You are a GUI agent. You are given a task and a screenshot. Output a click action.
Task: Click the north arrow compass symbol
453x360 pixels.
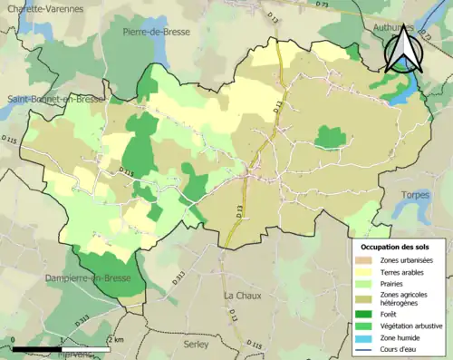(402, 49)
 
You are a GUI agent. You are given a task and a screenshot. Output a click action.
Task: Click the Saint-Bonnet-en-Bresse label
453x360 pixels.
(54, 98)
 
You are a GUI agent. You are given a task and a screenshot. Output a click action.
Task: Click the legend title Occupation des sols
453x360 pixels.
(397, 247)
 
